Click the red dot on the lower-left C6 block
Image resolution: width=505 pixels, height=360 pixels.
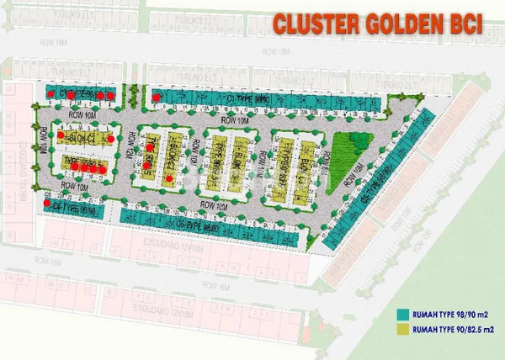coord(47,202)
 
